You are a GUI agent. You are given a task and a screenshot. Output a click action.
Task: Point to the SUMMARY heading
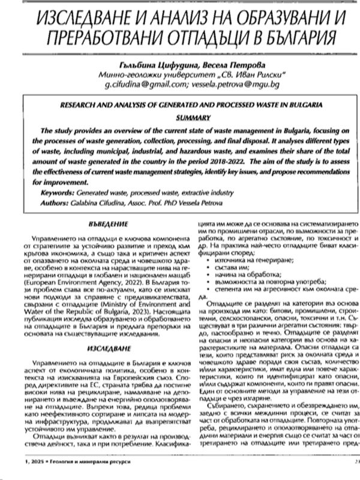[x=179, y=117]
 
